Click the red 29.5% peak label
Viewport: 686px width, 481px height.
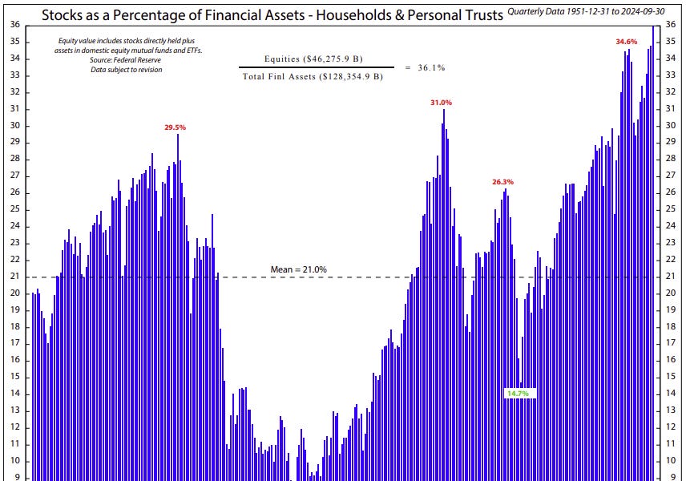(176, 127)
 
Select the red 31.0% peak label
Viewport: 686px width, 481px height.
(441, 103)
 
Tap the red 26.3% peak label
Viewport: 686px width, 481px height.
(502, 182)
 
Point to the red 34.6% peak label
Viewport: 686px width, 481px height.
(626, 41)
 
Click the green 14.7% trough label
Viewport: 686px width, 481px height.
(517, 394)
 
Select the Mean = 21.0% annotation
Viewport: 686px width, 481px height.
(298, 269)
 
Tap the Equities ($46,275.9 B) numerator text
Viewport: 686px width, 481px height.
(313, 59)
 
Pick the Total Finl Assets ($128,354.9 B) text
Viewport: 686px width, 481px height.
(313, 77)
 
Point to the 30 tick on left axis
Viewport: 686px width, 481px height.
(15, 126)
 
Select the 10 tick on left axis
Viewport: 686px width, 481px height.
(15, 461)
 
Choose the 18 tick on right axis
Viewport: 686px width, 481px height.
(671, 327)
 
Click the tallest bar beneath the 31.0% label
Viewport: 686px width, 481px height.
(443, 240)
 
